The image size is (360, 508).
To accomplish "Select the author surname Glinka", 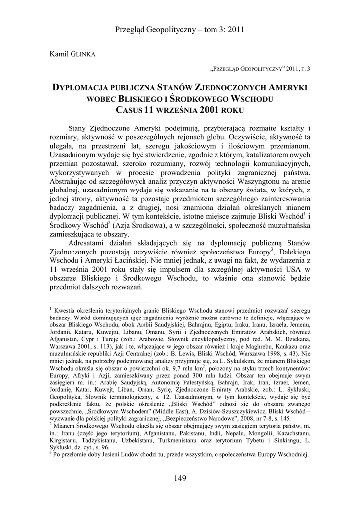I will click(84, 53).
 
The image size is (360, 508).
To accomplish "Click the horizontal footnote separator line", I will click(100, 301).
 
